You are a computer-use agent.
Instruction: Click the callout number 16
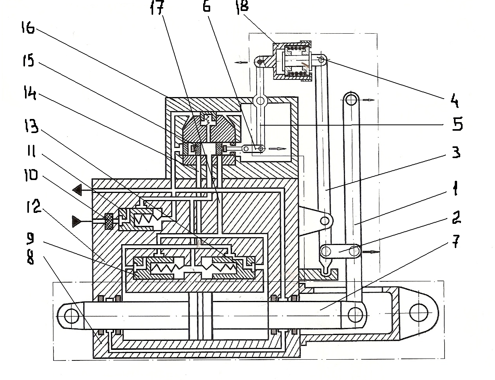click(x=28, y=28)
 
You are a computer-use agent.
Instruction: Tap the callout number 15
click(x=28, y=60)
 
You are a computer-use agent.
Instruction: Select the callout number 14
click(x=30, y=92)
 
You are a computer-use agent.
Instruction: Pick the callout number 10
click(x=30, y=175)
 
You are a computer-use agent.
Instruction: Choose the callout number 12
click(x=34, y=206)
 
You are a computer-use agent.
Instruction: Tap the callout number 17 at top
click(x=157, y=8)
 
